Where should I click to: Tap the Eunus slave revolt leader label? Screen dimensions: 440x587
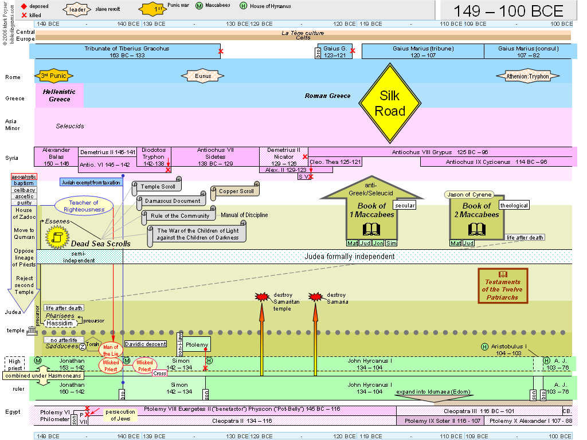coord(203,76)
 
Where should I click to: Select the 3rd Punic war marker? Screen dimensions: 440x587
coord(53,76)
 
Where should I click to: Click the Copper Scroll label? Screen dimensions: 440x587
coord(236,191)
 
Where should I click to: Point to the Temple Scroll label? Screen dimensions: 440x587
coord(158,186)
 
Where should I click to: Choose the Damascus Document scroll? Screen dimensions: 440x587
coord(172,201)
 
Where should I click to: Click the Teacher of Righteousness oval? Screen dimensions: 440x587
coord(84,206)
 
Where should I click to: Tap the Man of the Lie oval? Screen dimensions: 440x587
coord(111,349)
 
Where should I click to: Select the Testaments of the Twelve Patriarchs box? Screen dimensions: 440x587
coord(503,285)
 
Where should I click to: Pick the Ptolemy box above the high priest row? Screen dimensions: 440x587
coord(197,344)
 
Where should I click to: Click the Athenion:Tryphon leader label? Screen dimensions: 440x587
coord(527,76)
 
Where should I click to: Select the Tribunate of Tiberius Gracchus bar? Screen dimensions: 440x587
coord(127,52)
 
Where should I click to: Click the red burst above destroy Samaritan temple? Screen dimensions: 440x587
coord(262,297)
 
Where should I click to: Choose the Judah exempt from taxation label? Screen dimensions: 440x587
coord(91,182)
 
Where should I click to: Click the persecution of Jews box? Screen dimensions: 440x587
coord(120,415)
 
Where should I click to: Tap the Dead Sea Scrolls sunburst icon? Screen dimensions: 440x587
coord(57,237)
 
